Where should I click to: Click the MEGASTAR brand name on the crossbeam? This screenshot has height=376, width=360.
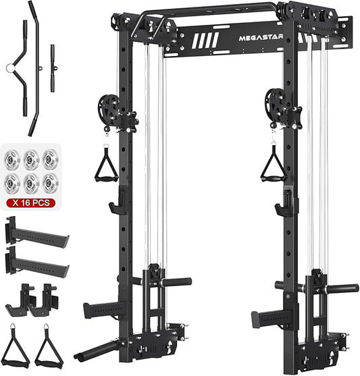(x=261, y=38)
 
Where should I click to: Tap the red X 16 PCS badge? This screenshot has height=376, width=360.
(x=31, y=203)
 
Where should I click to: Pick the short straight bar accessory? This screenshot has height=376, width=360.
(x=53, y=68)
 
